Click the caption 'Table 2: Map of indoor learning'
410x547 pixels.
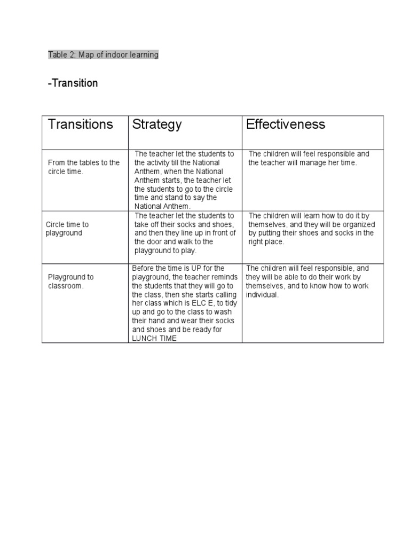(x=103, y=54)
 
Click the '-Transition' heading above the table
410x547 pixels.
(x=73, y=83)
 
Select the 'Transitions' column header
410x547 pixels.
(x=81, y=124)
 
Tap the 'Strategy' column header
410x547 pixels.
(x=157, y=124)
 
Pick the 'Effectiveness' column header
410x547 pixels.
(x=286, y=124)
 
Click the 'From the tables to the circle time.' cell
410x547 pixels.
(x=83, y=167)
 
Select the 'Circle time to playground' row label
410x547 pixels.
(x=67, y=229)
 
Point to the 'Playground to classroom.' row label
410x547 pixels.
(x=70, y=281)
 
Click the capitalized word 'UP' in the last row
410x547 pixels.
(x=197, y=268)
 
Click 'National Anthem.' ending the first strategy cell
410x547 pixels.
(x=162, y=206)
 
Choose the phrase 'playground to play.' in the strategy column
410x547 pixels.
(x=165, y=250)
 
